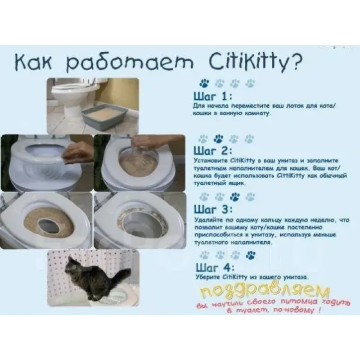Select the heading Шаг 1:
point(213,96)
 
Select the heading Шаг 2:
point(213,151)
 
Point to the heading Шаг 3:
point(213,209)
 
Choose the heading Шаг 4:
point(215,267)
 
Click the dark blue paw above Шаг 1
point(204,83)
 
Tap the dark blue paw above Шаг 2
point(218,139)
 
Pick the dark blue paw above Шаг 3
point(234,197)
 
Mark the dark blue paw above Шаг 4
point(251,255)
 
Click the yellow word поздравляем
point(265,291)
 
